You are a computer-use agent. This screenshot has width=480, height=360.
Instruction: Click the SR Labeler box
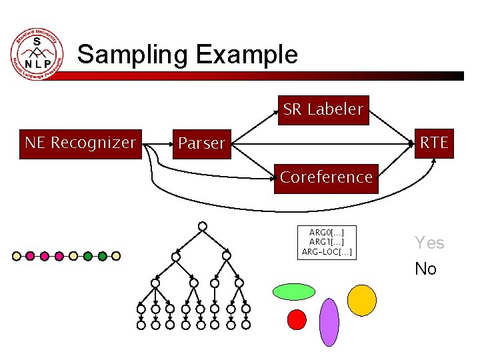click(x=323, y=109)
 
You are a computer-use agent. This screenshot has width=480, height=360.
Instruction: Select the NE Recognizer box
click(x=81, y=143)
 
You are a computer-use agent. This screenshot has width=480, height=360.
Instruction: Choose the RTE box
click(x=433, y=143)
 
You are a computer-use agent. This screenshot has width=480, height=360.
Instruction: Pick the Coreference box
click(x=326, y=177)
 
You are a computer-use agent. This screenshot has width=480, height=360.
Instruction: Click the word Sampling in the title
click(x=133, y=54)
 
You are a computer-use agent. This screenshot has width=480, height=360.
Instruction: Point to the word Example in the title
click(x=247, y=54)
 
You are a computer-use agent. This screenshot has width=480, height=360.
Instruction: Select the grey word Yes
click(x=429, y=243)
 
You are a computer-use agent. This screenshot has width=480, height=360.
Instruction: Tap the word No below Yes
click(x=425, y=269)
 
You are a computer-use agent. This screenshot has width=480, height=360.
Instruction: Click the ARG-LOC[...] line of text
click(x=327, y=252)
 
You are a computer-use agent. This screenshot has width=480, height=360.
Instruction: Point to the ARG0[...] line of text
click(x=327, y=232)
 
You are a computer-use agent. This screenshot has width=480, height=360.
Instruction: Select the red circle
click(x=297, y=320)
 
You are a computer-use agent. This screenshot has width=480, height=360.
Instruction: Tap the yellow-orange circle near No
click(x=363, y=300)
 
